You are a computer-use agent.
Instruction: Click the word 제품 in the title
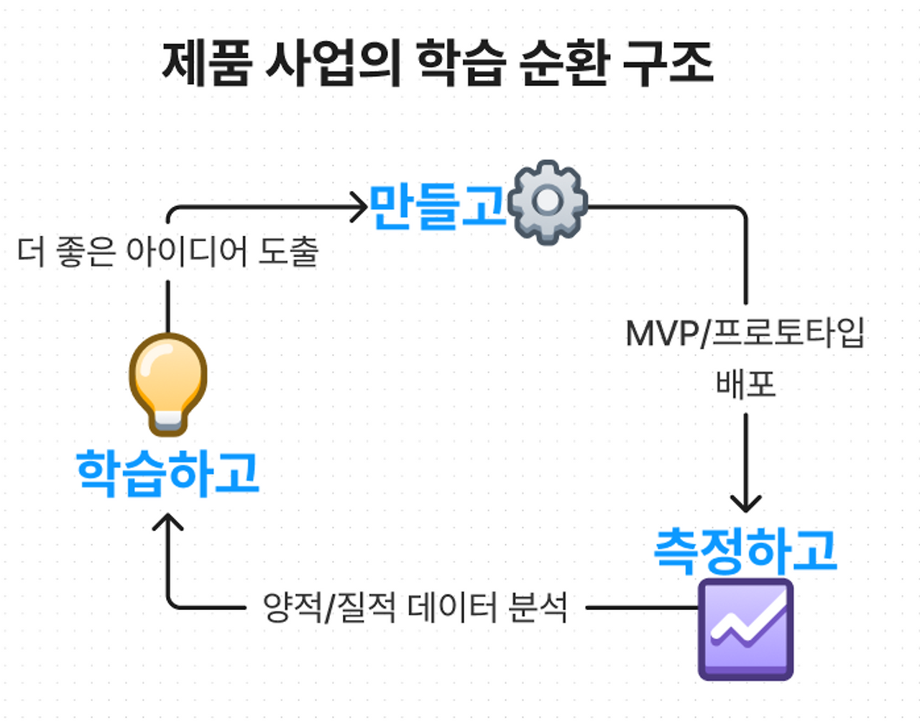[x=207, y=63]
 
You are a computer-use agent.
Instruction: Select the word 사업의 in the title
[x=333, y=63]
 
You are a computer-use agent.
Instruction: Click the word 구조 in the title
[x=668, y=63]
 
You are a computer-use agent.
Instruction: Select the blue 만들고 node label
[x=438, y=206]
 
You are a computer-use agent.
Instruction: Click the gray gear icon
[x=548, y=202]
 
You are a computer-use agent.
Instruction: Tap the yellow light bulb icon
[x=168, y=384]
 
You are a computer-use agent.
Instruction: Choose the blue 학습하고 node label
[x=167, y=473]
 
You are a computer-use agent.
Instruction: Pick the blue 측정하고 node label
[x=745, y=551]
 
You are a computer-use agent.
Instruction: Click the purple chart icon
[x=745, y=630]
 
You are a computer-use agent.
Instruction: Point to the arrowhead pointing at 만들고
[x=359, y=207]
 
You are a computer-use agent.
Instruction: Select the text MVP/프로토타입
[x=745, y=333]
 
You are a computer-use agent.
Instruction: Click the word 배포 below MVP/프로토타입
[x=745, y=384]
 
